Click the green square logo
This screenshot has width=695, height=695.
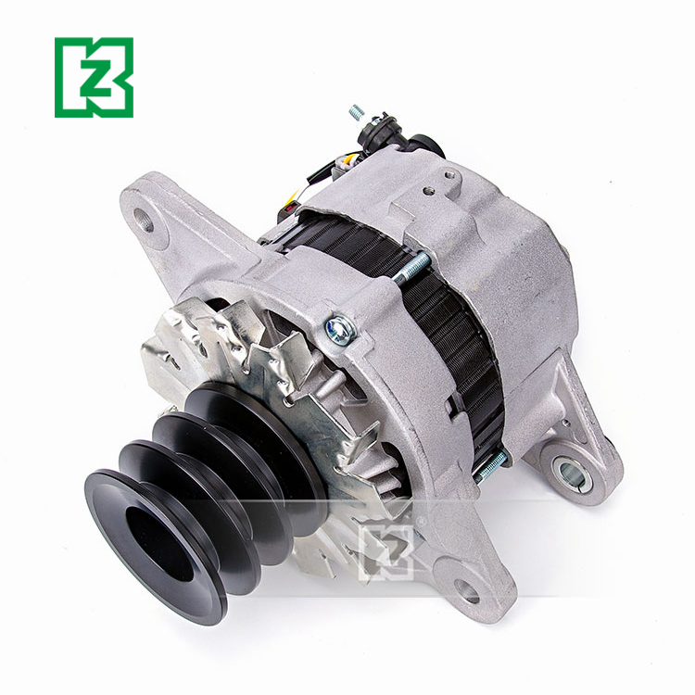click(94, 77)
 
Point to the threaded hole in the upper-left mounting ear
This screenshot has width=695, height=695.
click(143, 221)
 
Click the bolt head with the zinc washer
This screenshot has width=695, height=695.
click(340, 328)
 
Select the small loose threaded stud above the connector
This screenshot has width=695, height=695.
click(357, 113)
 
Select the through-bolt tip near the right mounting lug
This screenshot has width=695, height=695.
click(490, 463)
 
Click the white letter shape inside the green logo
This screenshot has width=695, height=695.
click(94, 77)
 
